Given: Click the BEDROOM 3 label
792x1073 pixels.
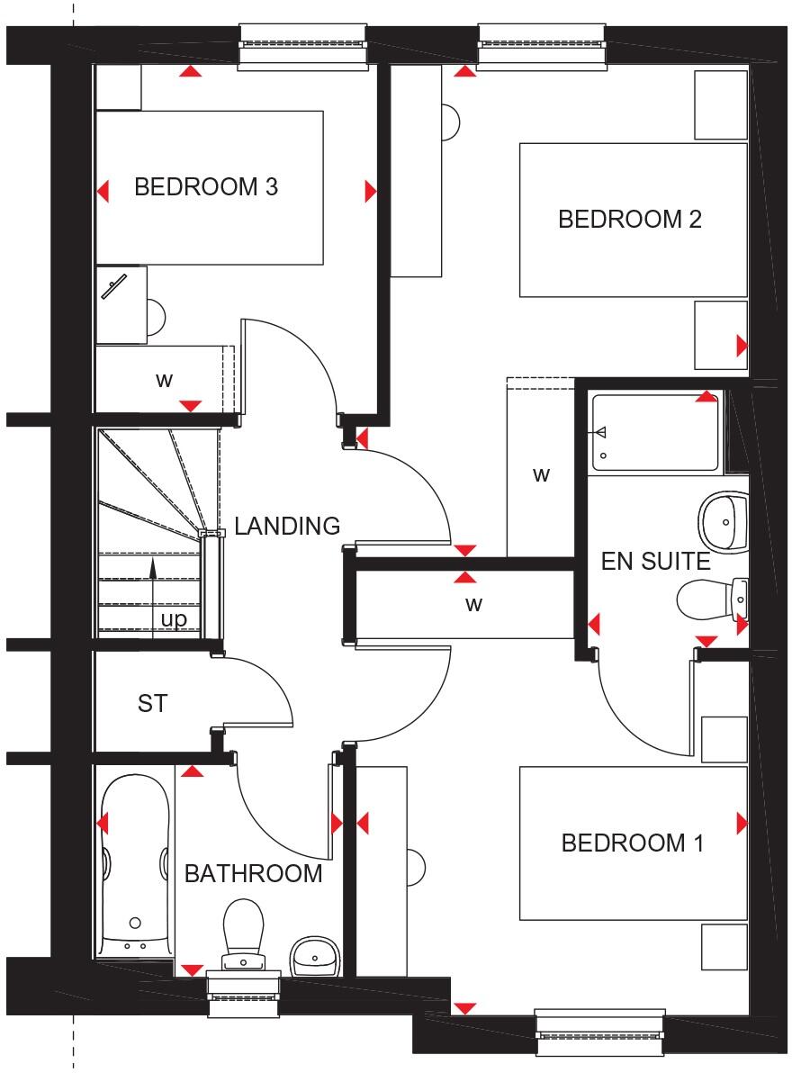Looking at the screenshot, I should pyautogui.click(x=205, y=187).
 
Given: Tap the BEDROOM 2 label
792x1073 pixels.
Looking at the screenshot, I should pyautogui.click(x=629, y=219).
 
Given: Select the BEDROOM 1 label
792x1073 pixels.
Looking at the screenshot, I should pyautogui.click(x=632, y=843).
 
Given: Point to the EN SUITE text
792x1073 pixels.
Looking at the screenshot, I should pyautogui.click(x=655, y=563).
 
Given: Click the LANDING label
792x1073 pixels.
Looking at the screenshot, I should pyautogui.click(x=287, y=526).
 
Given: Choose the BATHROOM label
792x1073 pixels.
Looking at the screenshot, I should pyautogui.click(x=253, y=873).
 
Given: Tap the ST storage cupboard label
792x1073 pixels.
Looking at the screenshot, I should pyautogui.click(x=152, y=703).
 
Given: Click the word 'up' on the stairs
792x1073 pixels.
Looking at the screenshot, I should pyautogui.click(x=173, y=619).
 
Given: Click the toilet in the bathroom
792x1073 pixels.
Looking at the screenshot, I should pyautogui.click(x=241, y=932).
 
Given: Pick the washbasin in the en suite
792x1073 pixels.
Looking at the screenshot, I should pyautogui.click(x=724, y=520).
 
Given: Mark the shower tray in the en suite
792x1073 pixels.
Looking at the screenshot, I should pyautogui.click(x=654, y=433).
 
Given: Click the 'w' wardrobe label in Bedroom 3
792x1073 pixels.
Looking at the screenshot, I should pyautogui.click(x=163, y=380).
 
